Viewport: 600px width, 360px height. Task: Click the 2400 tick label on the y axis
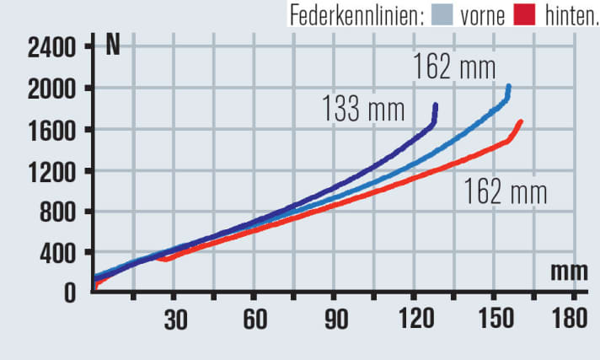coord(51,47)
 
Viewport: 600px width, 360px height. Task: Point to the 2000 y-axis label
coord(51,89)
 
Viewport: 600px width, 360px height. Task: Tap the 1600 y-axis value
coord(51,130)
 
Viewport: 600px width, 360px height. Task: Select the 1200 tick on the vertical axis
coord(51,171)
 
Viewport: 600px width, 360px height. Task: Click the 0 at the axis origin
coord(72,293)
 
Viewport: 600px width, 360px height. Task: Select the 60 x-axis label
coord(254,321)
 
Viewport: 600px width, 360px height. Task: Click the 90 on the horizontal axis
coord(335,321)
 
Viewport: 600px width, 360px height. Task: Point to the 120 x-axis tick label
coord(414,321)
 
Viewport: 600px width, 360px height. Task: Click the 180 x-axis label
coord(571,321)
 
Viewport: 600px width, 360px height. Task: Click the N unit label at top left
coord(113,46)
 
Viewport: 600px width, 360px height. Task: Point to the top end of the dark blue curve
coord(436,105)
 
